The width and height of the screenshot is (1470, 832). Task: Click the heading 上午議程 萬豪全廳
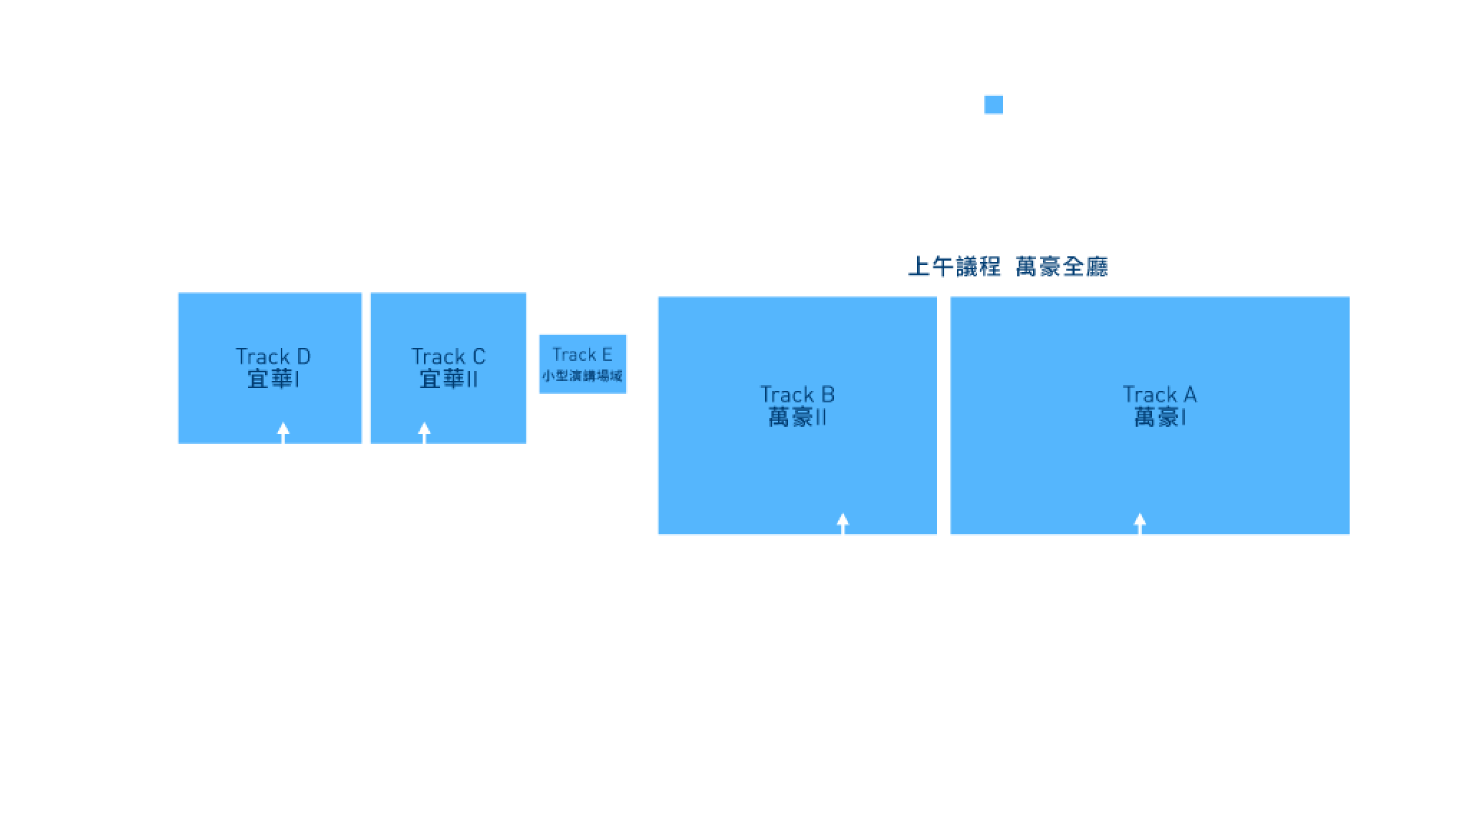pos(1007,267)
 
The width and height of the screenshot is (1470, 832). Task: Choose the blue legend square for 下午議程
pos(993,105)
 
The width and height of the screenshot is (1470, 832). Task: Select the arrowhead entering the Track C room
pos(424,429)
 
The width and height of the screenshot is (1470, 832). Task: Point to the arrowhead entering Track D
pos(284,429)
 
